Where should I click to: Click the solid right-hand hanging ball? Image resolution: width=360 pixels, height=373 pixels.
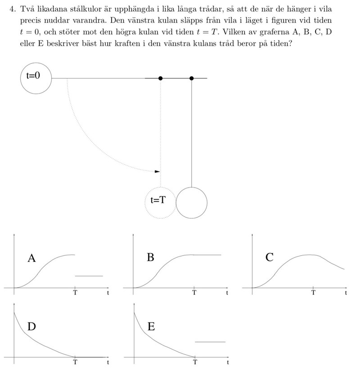[192, 203]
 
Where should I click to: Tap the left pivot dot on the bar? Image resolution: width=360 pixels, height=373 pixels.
[161, 78]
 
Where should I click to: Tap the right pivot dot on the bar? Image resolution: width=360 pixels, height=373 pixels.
[192, 78]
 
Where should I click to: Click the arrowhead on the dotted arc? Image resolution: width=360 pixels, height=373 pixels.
[157, 171]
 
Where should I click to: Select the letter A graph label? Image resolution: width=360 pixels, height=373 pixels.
[31, 258]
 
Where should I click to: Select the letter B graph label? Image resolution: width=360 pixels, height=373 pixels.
[151, 257]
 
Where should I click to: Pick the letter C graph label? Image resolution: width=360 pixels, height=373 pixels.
[270, 257]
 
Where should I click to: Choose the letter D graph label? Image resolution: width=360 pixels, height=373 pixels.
[31, 327]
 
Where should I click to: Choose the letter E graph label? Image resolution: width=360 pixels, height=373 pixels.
[151, 327]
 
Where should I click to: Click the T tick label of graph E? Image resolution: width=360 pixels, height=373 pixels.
[195, 362]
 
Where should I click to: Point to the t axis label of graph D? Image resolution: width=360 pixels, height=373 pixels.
[108, 362]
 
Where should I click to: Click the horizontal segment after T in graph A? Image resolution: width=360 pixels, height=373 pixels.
[89, 275]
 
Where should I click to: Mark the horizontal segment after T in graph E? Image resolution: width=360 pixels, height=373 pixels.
[210, 342]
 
